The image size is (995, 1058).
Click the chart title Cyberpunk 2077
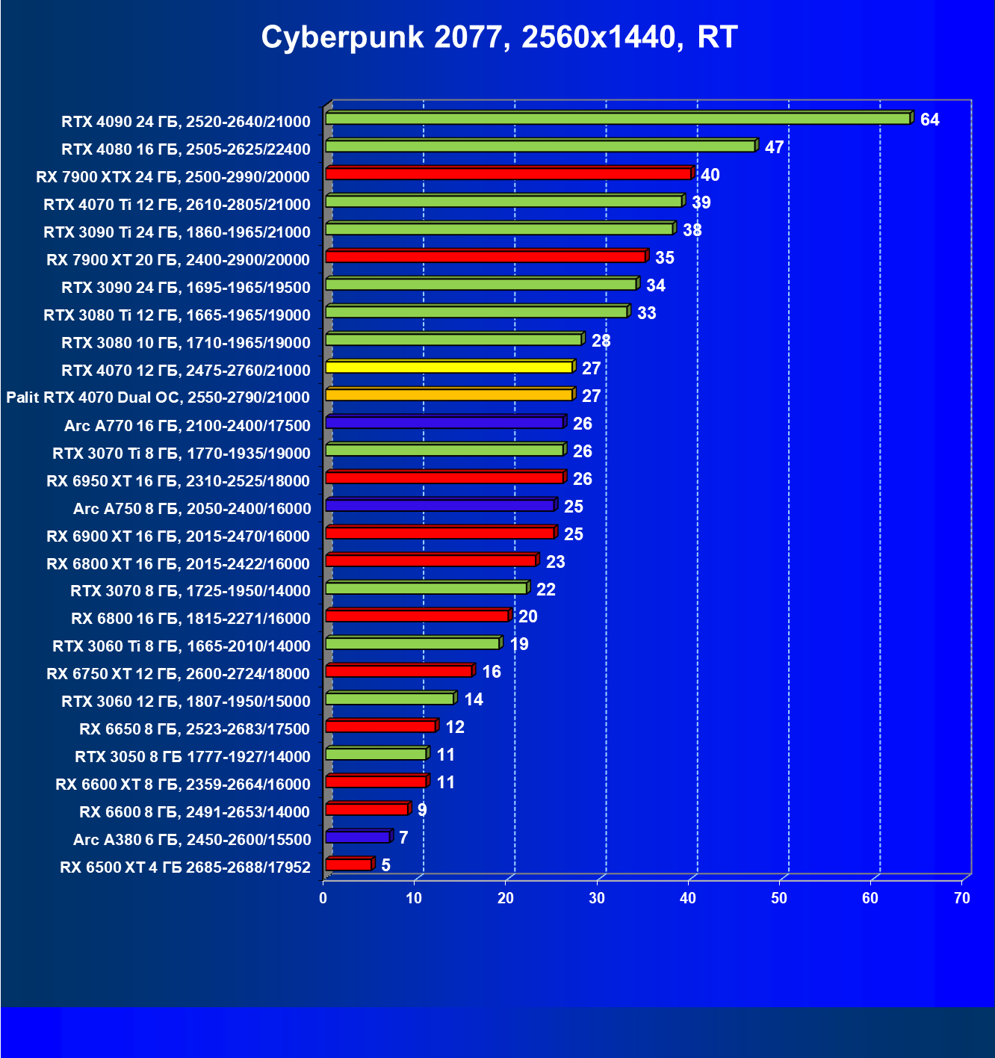point(499,37)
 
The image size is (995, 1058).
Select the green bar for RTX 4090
point(617,119)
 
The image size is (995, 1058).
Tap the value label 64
point(929,120)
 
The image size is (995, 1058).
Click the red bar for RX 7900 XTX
point(508,174)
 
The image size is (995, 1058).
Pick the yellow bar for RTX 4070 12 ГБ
point(448,367)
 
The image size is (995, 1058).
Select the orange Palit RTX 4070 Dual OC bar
point(448,395)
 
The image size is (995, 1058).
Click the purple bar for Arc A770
point(444,423)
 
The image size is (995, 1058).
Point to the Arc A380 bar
point(358,837)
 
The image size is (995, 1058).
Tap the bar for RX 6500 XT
point(349,864)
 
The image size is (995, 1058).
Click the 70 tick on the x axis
point(961,898)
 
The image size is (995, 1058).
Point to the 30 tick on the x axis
point(597,898)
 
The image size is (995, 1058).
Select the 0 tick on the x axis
point(323,898)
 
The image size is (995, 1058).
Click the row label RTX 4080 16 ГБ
point(186,149)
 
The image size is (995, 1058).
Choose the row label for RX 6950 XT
point(178,480)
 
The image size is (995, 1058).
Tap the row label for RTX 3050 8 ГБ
point(193,756)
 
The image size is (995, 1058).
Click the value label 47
point(774,147)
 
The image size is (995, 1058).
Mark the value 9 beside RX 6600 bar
point(422,810)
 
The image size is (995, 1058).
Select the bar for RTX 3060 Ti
point(412,643)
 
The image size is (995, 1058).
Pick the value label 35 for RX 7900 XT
point(664,258)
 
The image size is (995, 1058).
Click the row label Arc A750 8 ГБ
point(192,508)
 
